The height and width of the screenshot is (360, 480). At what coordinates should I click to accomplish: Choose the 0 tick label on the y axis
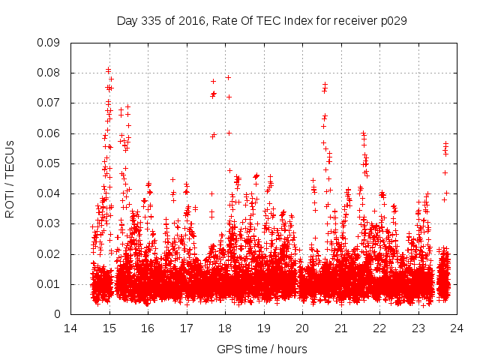tap(58, 314)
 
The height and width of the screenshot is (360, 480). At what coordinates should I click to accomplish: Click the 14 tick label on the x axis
tap(70, 328)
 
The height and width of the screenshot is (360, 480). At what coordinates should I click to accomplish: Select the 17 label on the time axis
tap(186, 328)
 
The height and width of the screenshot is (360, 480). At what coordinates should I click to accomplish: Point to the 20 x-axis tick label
tap(302, 328)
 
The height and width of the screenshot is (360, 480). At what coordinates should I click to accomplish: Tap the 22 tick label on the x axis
tap(379, 328)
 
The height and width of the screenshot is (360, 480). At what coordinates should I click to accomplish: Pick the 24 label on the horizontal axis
tap(457, 328)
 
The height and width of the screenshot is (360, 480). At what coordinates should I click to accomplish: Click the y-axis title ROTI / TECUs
tap(10, 178)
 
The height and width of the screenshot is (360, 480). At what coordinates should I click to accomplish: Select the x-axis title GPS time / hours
tap(262, 349)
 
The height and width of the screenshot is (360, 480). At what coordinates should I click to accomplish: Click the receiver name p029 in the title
tap(392, 20)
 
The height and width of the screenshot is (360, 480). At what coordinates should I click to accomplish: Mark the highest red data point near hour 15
tap(109, 70)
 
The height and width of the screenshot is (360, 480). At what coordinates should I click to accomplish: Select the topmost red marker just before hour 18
tap(213, 81)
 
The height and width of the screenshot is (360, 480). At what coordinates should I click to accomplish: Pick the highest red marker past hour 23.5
tap(445, 143)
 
